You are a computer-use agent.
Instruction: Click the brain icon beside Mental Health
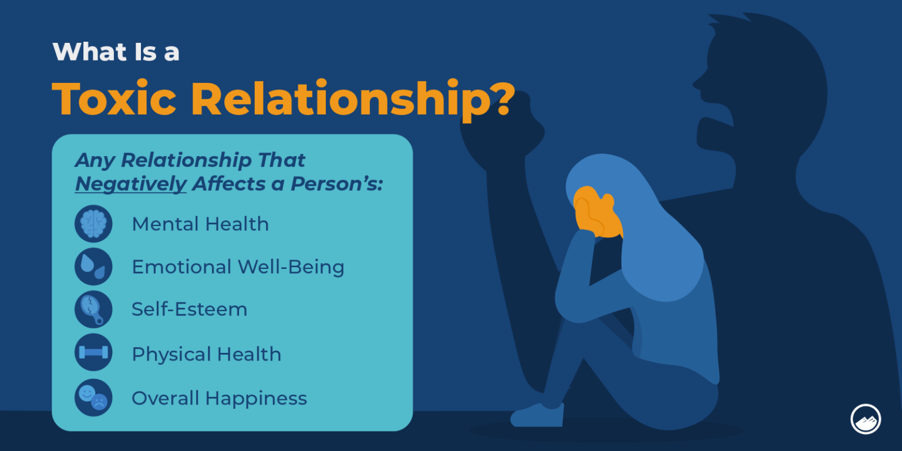pyautogui.click(x=93, y=224)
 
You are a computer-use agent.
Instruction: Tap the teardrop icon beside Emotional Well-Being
pyautogui.click(x=93, y=267)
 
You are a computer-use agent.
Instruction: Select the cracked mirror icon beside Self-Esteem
pyautogui.click(x=93, y=309)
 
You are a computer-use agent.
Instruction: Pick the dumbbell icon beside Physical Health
pyautogui.click(x=93, y=352)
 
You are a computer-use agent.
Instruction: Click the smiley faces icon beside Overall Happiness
pyautogui.click(x=93, y=398)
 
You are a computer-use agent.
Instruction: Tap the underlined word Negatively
pyautogui.click(x=130, y=184)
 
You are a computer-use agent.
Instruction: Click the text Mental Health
pyautogui.click(x=200, y=224)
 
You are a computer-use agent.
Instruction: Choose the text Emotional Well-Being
pyautogui.click(x=238, y=267)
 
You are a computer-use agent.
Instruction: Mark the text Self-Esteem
pyautogui.click(x=189, y=309)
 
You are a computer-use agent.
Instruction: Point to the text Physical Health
pyautogui.click(x=206, y=354)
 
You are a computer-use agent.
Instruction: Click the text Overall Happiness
pyautogui.click(x=219, y=398)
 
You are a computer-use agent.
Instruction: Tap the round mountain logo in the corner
pyautogui.click(x=865, y=419)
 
